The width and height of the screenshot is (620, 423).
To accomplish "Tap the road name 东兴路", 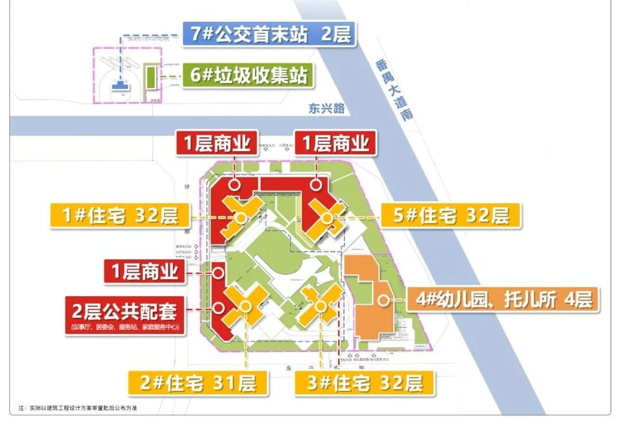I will coord(326,108).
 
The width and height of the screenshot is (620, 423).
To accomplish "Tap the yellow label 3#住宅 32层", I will coord(365,382).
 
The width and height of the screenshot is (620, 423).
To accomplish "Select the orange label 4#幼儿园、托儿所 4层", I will coord(502,300).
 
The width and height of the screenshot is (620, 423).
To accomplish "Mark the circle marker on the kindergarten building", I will coord(382,300).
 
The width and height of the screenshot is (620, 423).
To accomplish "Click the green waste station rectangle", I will coord(150,77).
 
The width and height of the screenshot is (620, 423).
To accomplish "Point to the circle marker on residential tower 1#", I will coord(241,218).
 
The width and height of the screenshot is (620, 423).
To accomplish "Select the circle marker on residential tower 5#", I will coord(327,218).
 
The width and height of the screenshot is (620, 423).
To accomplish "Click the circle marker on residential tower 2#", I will coord(245,306).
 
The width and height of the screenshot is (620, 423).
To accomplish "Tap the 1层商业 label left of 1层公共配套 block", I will coord(145,271).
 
